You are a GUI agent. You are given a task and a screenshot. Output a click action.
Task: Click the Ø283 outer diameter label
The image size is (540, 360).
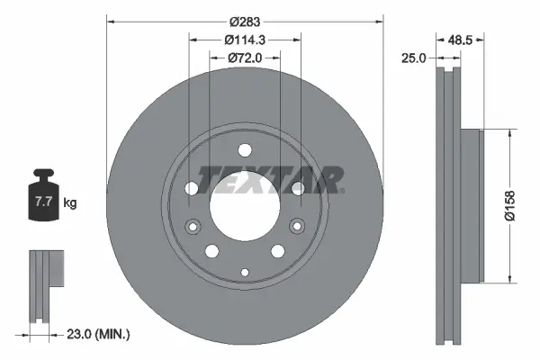click(x=244, y=22)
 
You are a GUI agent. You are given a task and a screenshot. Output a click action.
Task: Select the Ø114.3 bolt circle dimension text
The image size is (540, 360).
click(x=244, y=40)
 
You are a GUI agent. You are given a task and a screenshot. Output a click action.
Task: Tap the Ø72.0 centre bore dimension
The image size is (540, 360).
click(x=244, y=58)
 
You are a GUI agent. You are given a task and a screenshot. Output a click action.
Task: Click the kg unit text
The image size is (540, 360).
click(x=70, y=203)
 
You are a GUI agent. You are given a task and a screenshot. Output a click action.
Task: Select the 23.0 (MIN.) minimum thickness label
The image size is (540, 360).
click(x=100, y=335)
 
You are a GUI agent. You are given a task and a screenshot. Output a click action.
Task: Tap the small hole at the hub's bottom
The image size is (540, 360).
click(x=244, y=270)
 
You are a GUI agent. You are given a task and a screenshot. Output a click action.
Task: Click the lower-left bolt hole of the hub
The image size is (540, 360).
click(x=211, y=253)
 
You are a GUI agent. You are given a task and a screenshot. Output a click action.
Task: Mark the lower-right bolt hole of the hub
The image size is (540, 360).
click(x=277, y=253)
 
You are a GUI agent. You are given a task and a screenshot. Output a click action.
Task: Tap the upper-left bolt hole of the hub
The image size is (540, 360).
click(x=191, y=187)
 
